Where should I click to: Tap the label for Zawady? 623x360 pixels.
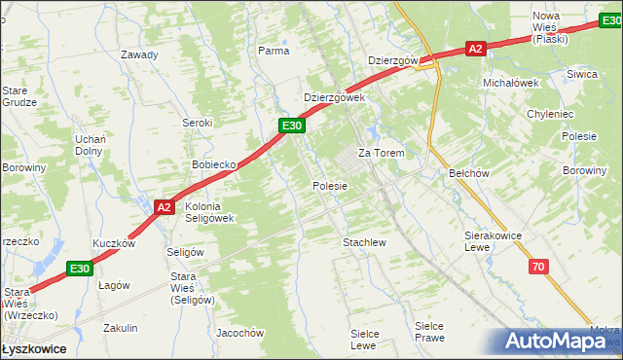[x=139, y=54]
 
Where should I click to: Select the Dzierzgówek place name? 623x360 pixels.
[x=334, y=97]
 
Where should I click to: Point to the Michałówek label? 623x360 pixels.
[x=511, y=83]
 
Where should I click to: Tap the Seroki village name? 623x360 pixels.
[x=198, y=123]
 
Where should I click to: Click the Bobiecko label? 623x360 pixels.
[x=215, y=164]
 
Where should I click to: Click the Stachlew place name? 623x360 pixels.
[x=365, y=242]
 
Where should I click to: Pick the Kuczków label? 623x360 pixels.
[x=113, y=244]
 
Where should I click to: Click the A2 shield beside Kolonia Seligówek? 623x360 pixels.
[x=165, y=206]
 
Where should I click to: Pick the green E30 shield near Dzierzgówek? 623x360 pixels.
[x=292, y=126]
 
